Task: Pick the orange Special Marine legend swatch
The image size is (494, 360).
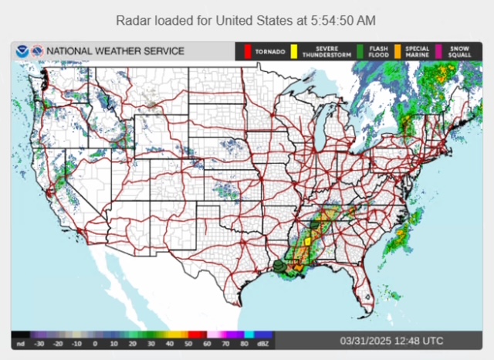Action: point(398,52)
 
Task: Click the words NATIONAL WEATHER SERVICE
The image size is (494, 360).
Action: point(115,52)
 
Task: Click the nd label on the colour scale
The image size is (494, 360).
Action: point(19,343)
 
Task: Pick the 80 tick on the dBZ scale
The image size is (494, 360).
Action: point(245,343)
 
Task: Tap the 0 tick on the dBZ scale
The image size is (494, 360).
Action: point(95,343)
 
